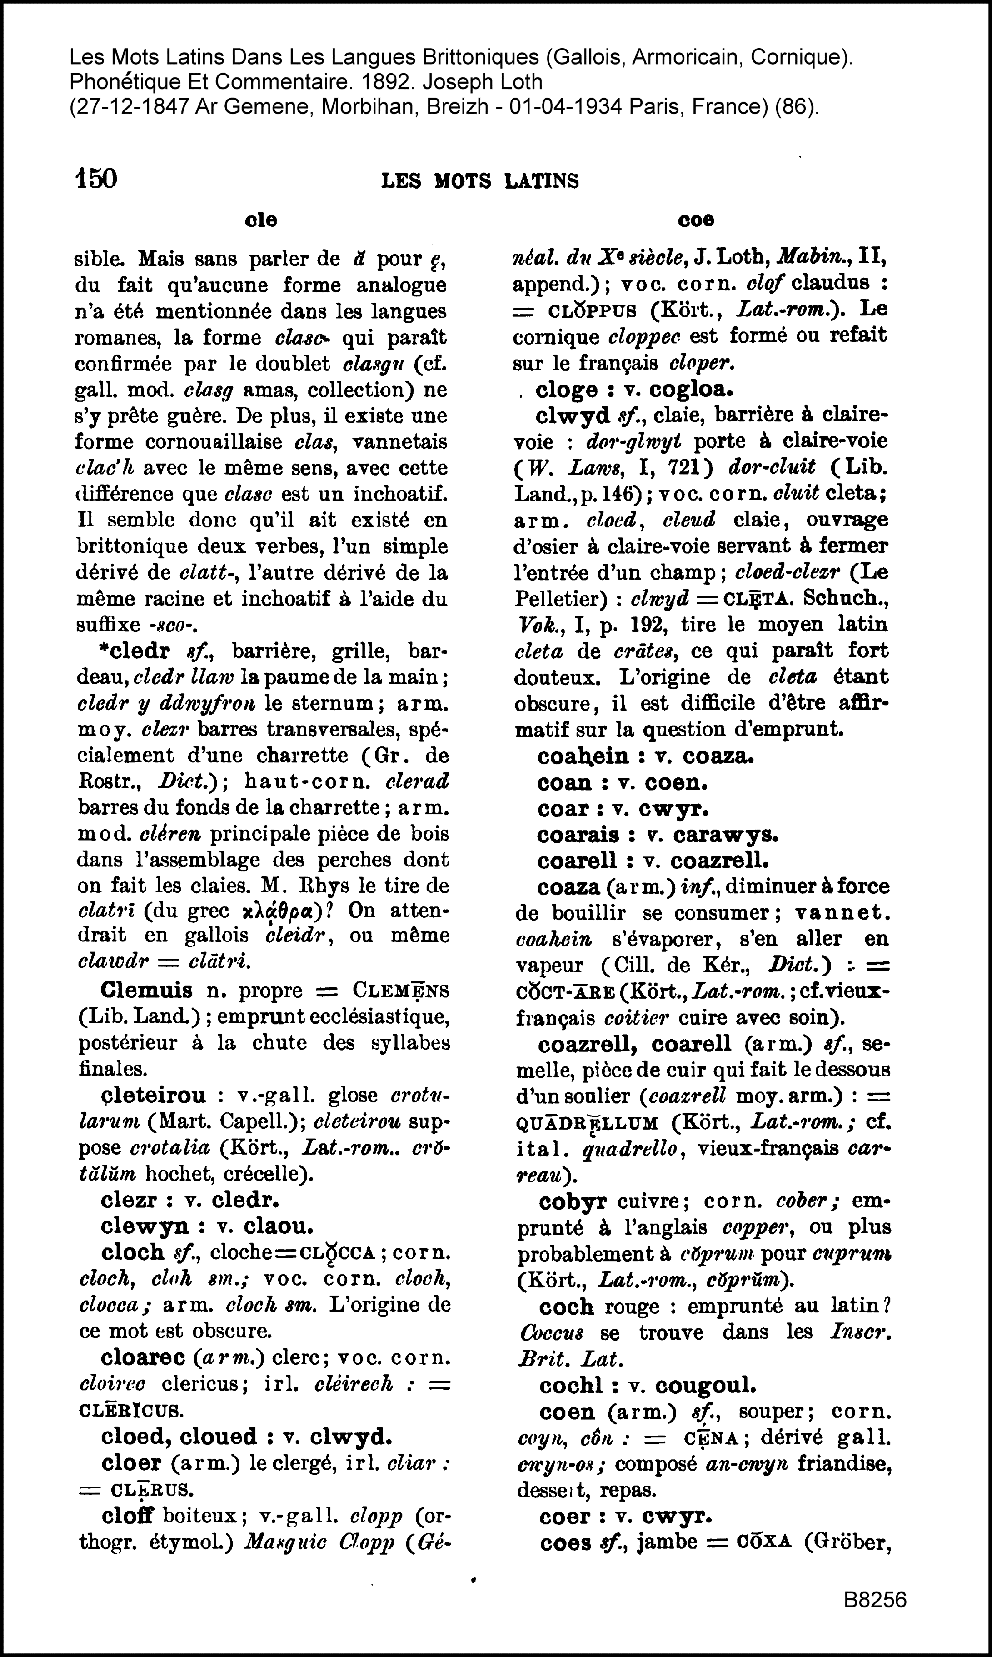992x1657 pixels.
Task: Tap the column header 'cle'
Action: [261, 220]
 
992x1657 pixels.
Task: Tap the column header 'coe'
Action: [696, 220]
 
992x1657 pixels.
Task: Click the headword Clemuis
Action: [146, 990]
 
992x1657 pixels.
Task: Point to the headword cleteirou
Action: [153, 1095]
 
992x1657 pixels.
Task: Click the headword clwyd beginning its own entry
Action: [573, 415]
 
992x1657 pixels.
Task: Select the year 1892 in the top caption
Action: [374, 81]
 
